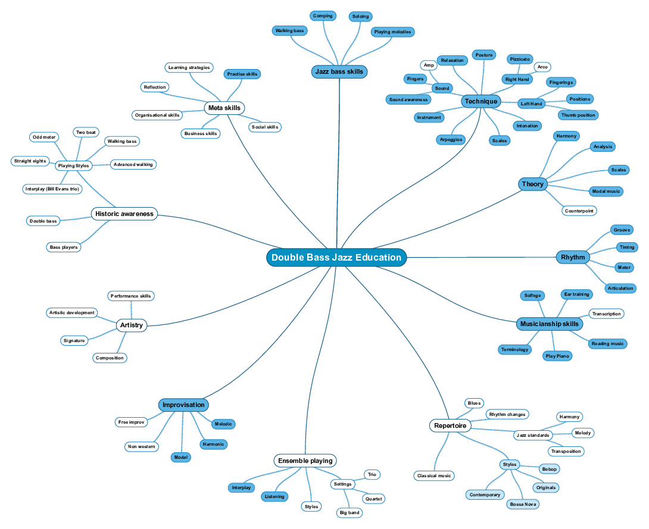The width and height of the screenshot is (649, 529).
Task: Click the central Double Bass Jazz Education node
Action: (x=336, y=258)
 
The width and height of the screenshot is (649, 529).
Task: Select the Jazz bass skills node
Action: (x=339, y=72)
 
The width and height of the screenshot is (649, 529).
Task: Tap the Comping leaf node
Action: (x=323, y=16)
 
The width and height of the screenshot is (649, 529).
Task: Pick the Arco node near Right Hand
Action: (x=542, y=67)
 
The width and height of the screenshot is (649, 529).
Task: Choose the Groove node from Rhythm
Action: (x=622, y=230)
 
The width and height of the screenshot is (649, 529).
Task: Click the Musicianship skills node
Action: (x=549, y=324)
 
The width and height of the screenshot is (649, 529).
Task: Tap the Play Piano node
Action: (x=557, y=356)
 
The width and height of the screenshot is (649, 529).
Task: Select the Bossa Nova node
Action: (x=523, y=504)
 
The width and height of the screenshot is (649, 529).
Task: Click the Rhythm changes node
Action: (x=507, y=414)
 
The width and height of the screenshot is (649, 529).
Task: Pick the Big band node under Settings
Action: (x=349, y=512)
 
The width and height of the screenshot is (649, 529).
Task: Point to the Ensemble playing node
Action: (x=305, y=461)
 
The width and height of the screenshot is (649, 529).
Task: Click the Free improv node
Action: (x=131, y=422)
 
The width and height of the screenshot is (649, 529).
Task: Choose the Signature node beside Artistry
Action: (x=74, y=340)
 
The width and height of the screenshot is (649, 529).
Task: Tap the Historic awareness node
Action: (x=124, y=214)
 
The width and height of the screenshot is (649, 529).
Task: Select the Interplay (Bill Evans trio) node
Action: (x=52, y=189)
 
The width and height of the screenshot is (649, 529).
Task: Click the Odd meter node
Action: (x=44, y=137)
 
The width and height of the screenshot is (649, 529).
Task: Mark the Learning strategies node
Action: (x=189, y=67)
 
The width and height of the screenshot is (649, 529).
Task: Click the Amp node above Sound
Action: (x=429, y=65)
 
